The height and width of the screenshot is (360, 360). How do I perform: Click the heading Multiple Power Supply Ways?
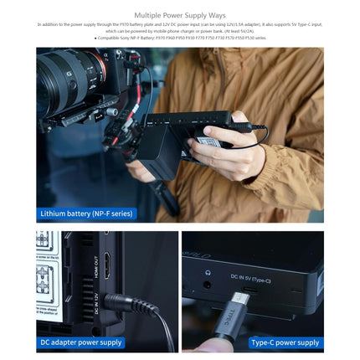click(179, 15)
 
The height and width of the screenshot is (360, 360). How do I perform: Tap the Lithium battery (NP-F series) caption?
click(86, 214)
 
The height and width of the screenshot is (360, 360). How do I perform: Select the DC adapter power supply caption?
click(81, 342)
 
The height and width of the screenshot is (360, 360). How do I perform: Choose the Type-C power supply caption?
click(285, 342)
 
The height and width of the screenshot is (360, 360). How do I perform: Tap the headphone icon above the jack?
click(207, 271)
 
